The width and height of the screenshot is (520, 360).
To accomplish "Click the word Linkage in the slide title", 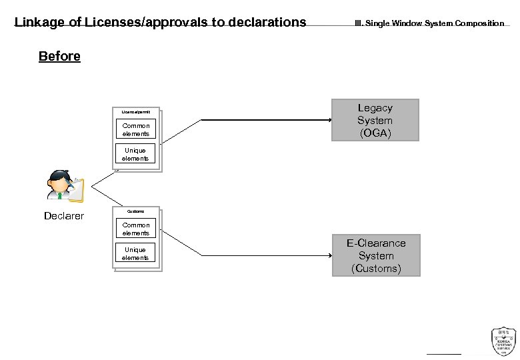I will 39,22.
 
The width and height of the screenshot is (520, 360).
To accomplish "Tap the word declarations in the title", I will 267,22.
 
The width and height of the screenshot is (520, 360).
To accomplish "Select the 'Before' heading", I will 59,56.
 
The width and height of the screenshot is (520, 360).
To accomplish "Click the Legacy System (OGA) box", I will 375,120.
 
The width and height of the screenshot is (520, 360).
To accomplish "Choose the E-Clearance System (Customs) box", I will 376,255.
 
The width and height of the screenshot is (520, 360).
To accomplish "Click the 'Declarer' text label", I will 64,216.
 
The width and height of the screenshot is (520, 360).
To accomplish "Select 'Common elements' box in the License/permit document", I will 135,129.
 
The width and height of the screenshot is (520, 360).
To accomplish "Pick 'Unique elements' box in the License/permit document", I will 135,154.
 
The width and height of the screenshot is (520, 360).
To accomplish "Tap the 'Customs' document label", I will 135,211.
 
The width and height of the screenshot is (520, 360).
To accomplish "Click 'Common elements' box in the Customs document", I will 135,229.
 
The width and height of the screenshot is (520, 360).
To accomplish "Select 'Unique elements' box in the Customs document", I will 135,253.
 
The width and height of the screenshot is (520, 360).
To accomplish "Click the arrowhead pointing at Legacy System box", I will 328,120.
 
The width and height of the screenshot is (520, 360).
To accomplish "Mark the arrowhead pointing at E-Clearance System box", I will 328,255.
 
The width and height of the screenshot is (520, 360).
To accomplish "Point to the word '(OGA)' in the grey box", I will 375,133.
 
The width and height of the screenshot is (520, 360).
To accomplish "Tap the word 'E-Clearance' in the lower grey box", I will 376,243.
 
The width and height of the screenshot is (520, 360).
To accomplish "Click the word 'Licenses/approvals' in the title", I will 150,22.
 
